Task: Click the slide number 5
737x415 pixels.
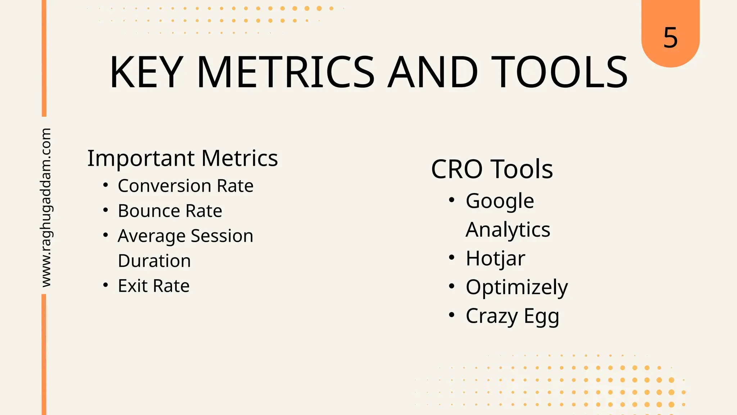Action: tap(670, 37)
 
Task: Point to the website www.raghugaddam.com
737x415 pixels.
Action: tap(46, 207)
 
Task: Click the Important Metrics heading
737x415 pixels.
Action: tap(182, 158)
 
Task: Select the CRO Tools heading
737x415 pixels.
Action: tap(492, 169)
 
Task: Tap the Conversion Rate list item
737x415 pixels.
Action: tap(185, 186)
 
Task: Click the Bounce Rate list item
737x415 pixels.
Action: tap(170, 211)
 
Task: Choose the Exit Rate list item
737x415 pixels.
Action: tap(154, 286)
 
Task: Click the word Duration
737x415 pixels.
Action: tap(154, 261)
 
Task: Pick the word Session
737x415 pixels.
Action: tap(222, 236)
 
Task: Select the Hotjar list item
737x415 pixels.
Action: tap(495, 259)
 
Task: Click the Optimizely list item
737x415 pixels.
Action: tap(516, 287)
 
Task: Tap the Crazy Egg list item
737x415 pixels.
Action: tap(512, 316)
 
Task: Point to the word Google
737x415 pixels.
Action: tap(499, 201)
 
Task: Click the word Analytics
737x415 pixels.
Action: tap(508, 230)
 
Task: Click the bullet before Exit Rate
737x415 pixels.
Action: tap(105, 285)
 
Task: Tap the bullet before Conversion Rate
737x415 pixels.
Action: tap(105, 185)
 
